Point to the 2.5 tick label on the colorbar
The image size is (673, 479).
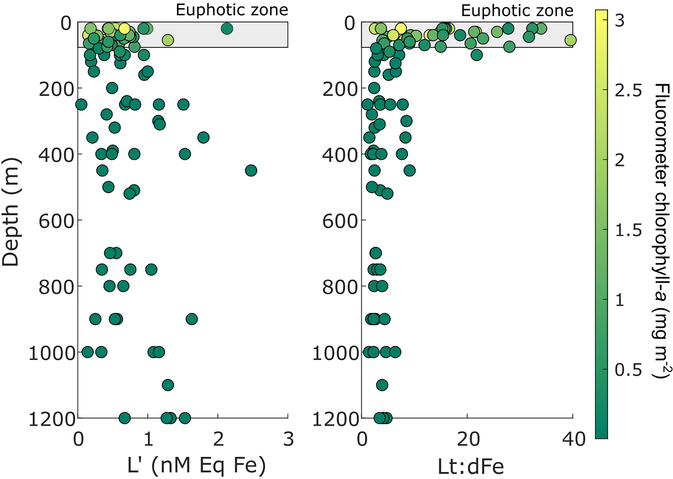click(x=628, y=90)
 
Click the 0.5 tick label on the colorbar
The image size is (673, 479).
click(x=628, y=370)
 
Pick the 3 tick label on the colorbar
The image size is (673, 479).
click(x=620, y=21)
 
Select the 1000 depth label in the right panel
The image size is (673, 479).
click(x=335, y=353)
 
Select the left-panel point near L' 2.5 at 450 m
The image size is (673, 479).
click(x=251, y=170)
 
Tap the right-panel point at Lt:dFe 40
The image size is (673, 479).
click(x=570, y=40)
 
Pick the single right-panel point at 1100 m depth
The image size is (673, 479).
click(x=382, y=385)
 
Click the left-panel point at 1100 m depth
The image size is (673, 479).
click(x=168, y=385)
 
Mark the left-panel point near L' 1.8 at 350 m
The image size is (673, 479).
click(x=203, y=137)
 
